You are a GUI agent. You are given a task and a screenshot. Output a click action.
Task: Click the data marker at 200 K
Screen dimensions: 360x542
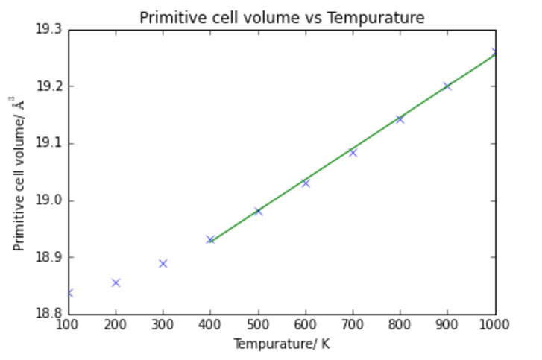coord(116,282)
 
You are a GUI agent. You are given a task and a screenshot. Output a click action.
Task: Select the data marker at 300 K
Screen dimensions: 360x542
coord(163,263)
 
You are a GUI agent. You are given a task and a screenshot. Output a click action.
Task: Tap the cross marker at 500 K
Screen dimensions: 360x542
coord(258,211)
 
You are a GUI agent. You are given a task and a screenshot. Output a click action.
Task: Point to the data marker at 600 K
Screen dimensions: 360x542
coord(306,183)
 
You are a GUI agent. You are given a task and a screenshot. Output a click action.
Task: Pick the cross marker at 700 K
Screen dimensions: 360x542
coord(353,152)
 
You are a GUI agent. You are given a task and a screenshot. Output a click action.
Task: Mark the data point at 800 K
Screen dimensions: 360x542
coord(400,119)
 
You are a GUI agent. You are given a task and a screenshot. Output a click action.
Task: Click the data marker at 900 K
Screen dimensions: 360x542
coord(447,86)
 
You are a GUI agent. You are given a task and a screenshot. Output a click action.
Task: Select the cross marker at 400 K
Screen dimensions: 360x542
coord(210,239)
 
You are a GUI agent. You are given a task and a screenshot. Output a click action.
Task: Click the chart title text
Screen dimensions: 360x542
coord(282,17)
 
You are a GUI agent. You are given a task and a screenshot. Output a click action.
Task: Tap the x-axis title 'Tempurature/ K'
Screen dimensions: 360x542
coord(282,344)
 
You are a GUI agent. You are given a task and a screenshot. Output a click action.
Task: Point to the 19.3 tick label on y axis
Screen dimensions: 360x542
coord(48,30)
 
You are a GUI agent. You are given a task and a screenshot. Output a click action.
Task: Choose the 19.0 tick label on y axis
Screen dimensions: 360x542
coord(48,200)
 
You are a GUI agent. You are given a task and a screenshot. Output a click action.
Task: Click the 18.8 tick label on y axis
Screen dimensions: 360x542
coord(48,314)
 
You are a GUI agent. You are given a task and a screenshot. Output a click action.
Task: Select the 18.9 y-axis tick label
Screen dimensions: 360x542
coord(48,257)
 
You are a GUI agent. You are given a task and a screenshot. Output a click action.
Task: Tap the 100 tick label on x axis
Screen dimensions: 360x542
coord(69,326)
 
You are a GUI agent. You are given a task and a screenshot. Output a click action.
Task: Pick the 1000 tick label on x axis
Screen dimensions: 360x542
coord(495,326)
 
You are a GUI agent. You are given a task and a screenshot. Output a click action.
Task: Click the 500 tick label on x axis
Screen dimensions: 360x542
coord(258,326)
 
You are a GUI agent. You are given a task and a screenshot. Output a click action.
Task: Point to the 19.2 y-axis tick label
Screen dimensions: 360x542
coord(48,86)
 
